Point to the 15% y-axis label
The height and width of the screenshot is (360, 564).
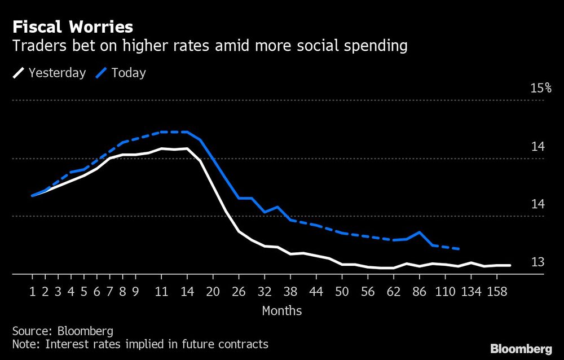pos(541,88)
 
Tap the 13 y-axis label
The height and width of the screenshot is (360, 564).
pos(537,262)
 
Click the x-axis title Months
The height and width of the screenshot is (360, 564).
pos(281,311)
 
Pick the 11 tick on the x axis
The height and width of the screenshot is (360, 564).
pos(161,292)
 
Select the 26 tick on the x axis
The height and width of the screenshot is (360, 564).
pos(239,292)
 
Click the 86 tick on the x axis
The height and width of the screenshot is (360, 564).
pos(419,292)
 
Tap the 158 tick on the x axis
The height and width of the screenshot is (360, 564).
pos(497,292)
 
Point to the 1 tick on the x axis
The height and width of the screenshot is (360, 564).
pos(32,292)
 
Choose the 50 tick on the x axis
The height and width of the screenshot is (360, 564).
pos(342,292)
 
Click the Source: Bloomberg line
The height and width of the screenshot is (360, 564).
pos(63,331)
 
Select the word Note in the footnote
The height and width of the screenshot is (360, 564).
pos(24,344)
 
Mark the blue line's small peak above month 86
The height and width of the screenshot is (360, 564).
pos(419,232)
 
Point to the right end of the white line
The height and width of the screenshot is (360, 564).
pos(510,265)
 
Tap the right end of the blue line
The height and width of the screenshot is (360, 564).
pos(459,249)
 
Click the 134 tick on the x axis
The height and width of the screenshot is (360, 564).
pos(471,292)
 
